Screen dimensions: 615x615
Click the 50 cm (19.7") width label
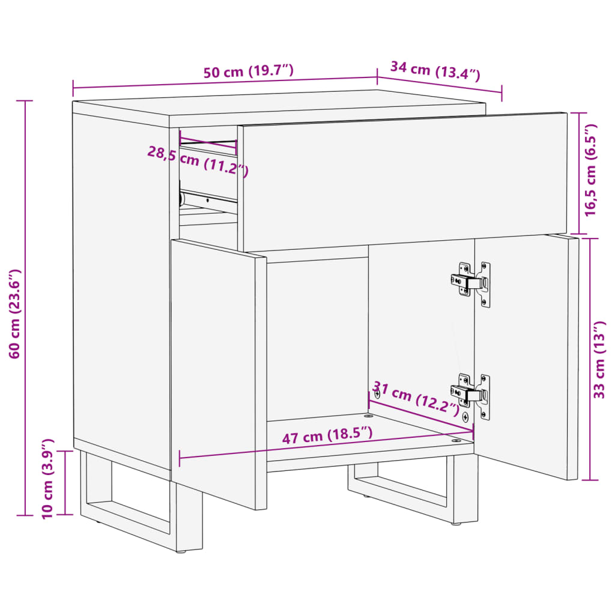point(248,71)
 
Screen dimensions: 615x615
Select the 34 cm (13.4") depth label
point(435,71)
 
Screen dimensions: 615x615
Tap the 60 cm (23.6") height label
point(14,314)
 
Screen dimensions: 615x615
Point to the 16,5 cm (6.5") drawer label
point(590,170)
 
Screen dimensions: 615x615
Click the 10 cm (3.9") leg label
point(47,479)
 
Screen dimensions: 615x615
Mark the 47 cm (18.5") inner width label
point(327,435)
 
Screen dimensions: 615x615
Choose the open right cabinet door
point(526,355)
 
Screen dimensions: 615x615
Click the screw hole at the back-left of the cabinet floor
point(368,415)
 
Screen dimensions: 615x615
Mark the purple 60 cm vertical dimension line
point(25,308)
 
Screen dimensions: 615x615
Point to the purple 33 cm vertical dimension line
point(590,359)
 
